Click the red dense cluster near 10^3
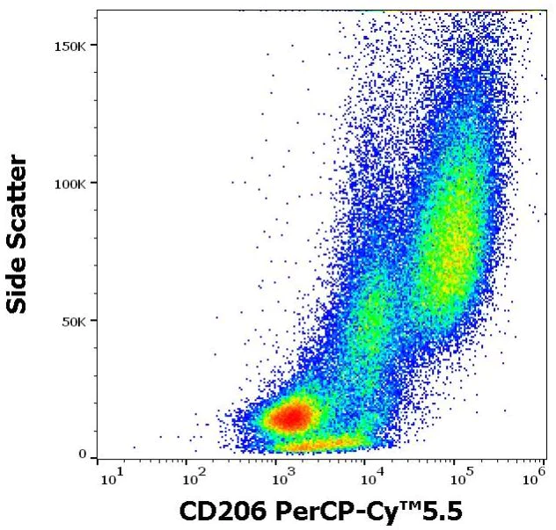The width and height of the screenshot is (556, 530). click(293, 416)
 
